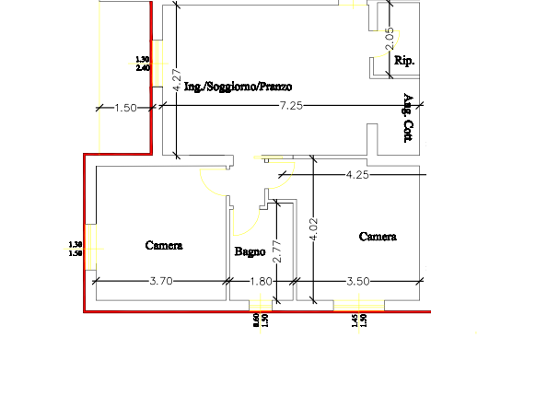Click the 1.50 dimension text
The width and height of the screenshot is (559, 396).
(x=126, y=109)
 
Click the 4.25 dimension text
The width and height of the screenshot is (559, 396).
(x=356, y=173)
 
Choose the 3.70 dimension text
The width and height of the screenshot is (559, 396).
(x=160, y=282)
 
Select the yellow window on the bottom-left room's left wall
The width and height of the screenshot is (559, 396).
(x=90, y=246)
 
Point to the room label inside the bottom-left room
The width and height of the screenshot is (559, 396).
(x=165, y=246)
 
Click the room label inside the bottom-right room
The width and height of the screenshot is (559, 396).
(x=377, y=238)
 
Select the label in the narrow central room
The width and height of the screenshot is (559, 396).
(x=250, y=251)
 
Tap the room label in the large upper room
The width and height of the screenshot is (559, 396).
(x=239, y=87)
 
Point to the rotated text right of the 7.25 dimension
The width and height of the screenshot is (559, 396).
(x=408, y=120)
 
